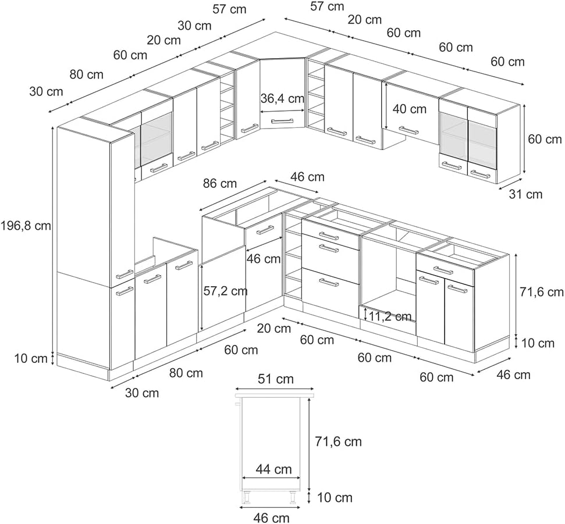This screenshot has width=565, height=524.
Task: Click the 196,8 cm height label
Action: pyautogui.click(x=26, y=226)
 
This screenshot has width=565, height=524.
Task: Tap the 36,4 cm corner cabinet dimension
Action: pyautogui.click(x=283, y=98)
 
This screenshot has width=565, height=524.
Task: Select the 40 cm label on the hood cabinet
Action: pyautogui.click(x=409, y=109)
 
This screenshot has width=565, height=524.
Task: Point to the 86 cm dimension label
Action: pyautogui.click(x=220, y=183)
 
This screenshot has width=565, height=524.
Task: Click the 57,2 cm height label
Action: pyautogui.click(x=225, y=291)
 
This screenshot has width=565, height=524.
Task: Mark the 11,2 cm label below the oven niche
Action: pyautogui.click(x=390, y=316)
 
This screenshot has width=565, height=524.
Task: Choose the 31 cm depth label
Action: pyautogui.click(x=525, y=194)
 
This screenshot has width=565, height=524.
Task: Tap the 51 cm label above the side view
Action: pyautogui.click(x=276, y=379)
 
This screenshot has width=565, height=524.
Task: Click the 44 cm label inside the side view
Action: pyautogui.click(x=273, y=469)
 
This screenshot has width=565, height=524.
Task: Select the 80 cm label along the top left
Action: pyautogui.click(x=87, y=74)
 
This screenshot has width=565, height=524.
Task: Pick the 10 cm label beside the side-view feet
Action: pyautogui.click(x=335, y=498)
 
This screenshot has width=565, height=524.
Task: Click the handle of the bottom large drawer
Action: pyautogui.click(x=329, y=282)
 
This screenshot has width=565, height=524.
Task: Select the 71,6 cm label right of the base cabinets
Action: pyautogui.click(x=542, y=292)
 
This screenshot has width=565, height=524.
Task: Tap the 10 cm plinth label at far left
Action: pyautogui.click(x=31, y=358)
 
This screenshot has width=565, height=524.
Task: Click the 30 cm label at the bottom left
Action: pyautogui.click(x=142, y=393)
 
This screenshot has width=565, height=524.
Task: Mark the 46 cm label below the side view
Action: pyautogui.click(x=271, y=518)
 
